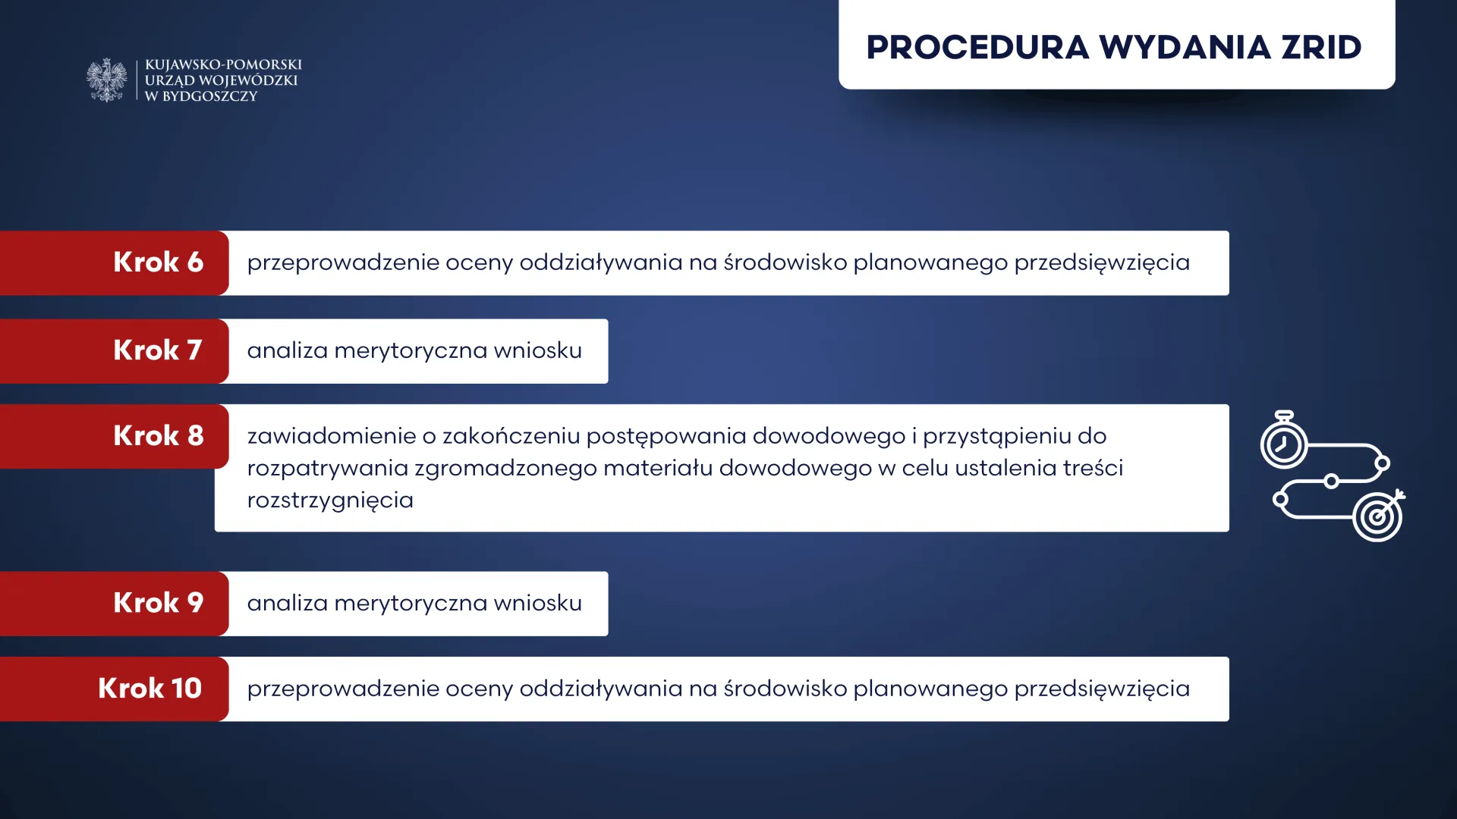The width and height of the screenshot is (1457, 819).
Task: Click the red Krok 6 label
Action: (114, 262)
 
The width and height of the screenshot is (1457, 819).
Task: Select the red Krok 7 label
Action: (114, 350)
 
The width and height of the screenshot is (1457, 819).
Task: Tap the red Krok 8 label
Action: (114, 436)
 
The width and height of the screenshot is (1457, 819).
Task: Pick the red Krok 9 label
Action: (114, 603)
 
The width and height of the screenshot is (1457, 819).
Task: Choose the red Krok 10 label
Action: (114, 689)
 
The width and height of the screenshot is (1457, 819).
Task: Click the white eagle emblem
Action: (107, 80)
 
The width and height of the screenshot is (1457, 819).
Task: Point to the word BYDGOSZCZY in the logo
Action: (210, 96)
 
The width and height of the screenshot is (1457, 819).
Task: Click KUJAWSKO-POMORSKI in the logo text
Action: (223, 64)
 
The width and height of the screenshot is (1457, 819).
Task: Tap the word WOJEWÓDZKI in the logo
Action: (248, 80)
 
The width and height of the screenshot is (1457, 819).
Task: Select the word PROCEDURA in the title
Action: (977, 47)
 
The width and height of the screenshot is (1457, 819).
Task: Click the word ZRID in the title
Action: (1321, 47)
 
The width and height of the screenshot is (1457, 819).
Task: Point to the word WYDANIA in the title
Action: (1185, 47)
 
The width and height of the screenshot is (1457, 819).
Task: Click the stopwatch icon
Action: (1283, 441)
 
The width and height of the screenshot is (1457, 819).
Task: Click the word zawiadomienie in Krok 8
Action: (331, 436)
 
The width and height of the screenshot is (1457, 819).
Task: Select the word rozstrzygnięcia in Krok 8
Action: (330, 500)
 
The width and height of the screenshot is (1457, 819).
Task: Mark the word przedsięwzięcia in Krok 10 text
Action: (1102, 689)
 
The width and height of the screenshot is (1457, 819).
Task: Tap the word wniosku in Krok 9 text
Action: (538, 603)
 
